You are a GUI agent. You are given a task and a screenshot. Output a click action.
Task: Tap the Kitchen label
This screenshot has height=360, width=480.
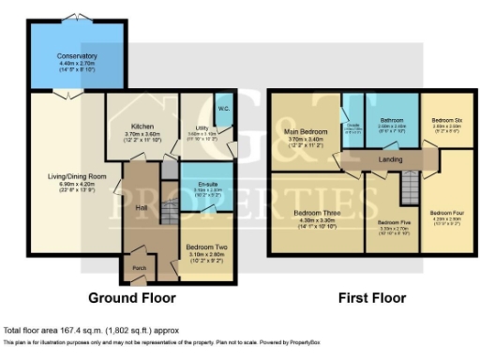141,126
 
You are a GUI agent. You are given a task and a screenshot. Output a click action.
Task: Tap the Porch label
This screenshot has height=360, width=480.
139,265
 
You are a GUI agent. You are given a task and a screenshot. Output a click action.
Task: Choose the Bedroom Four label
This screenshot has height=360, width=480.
446,213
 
